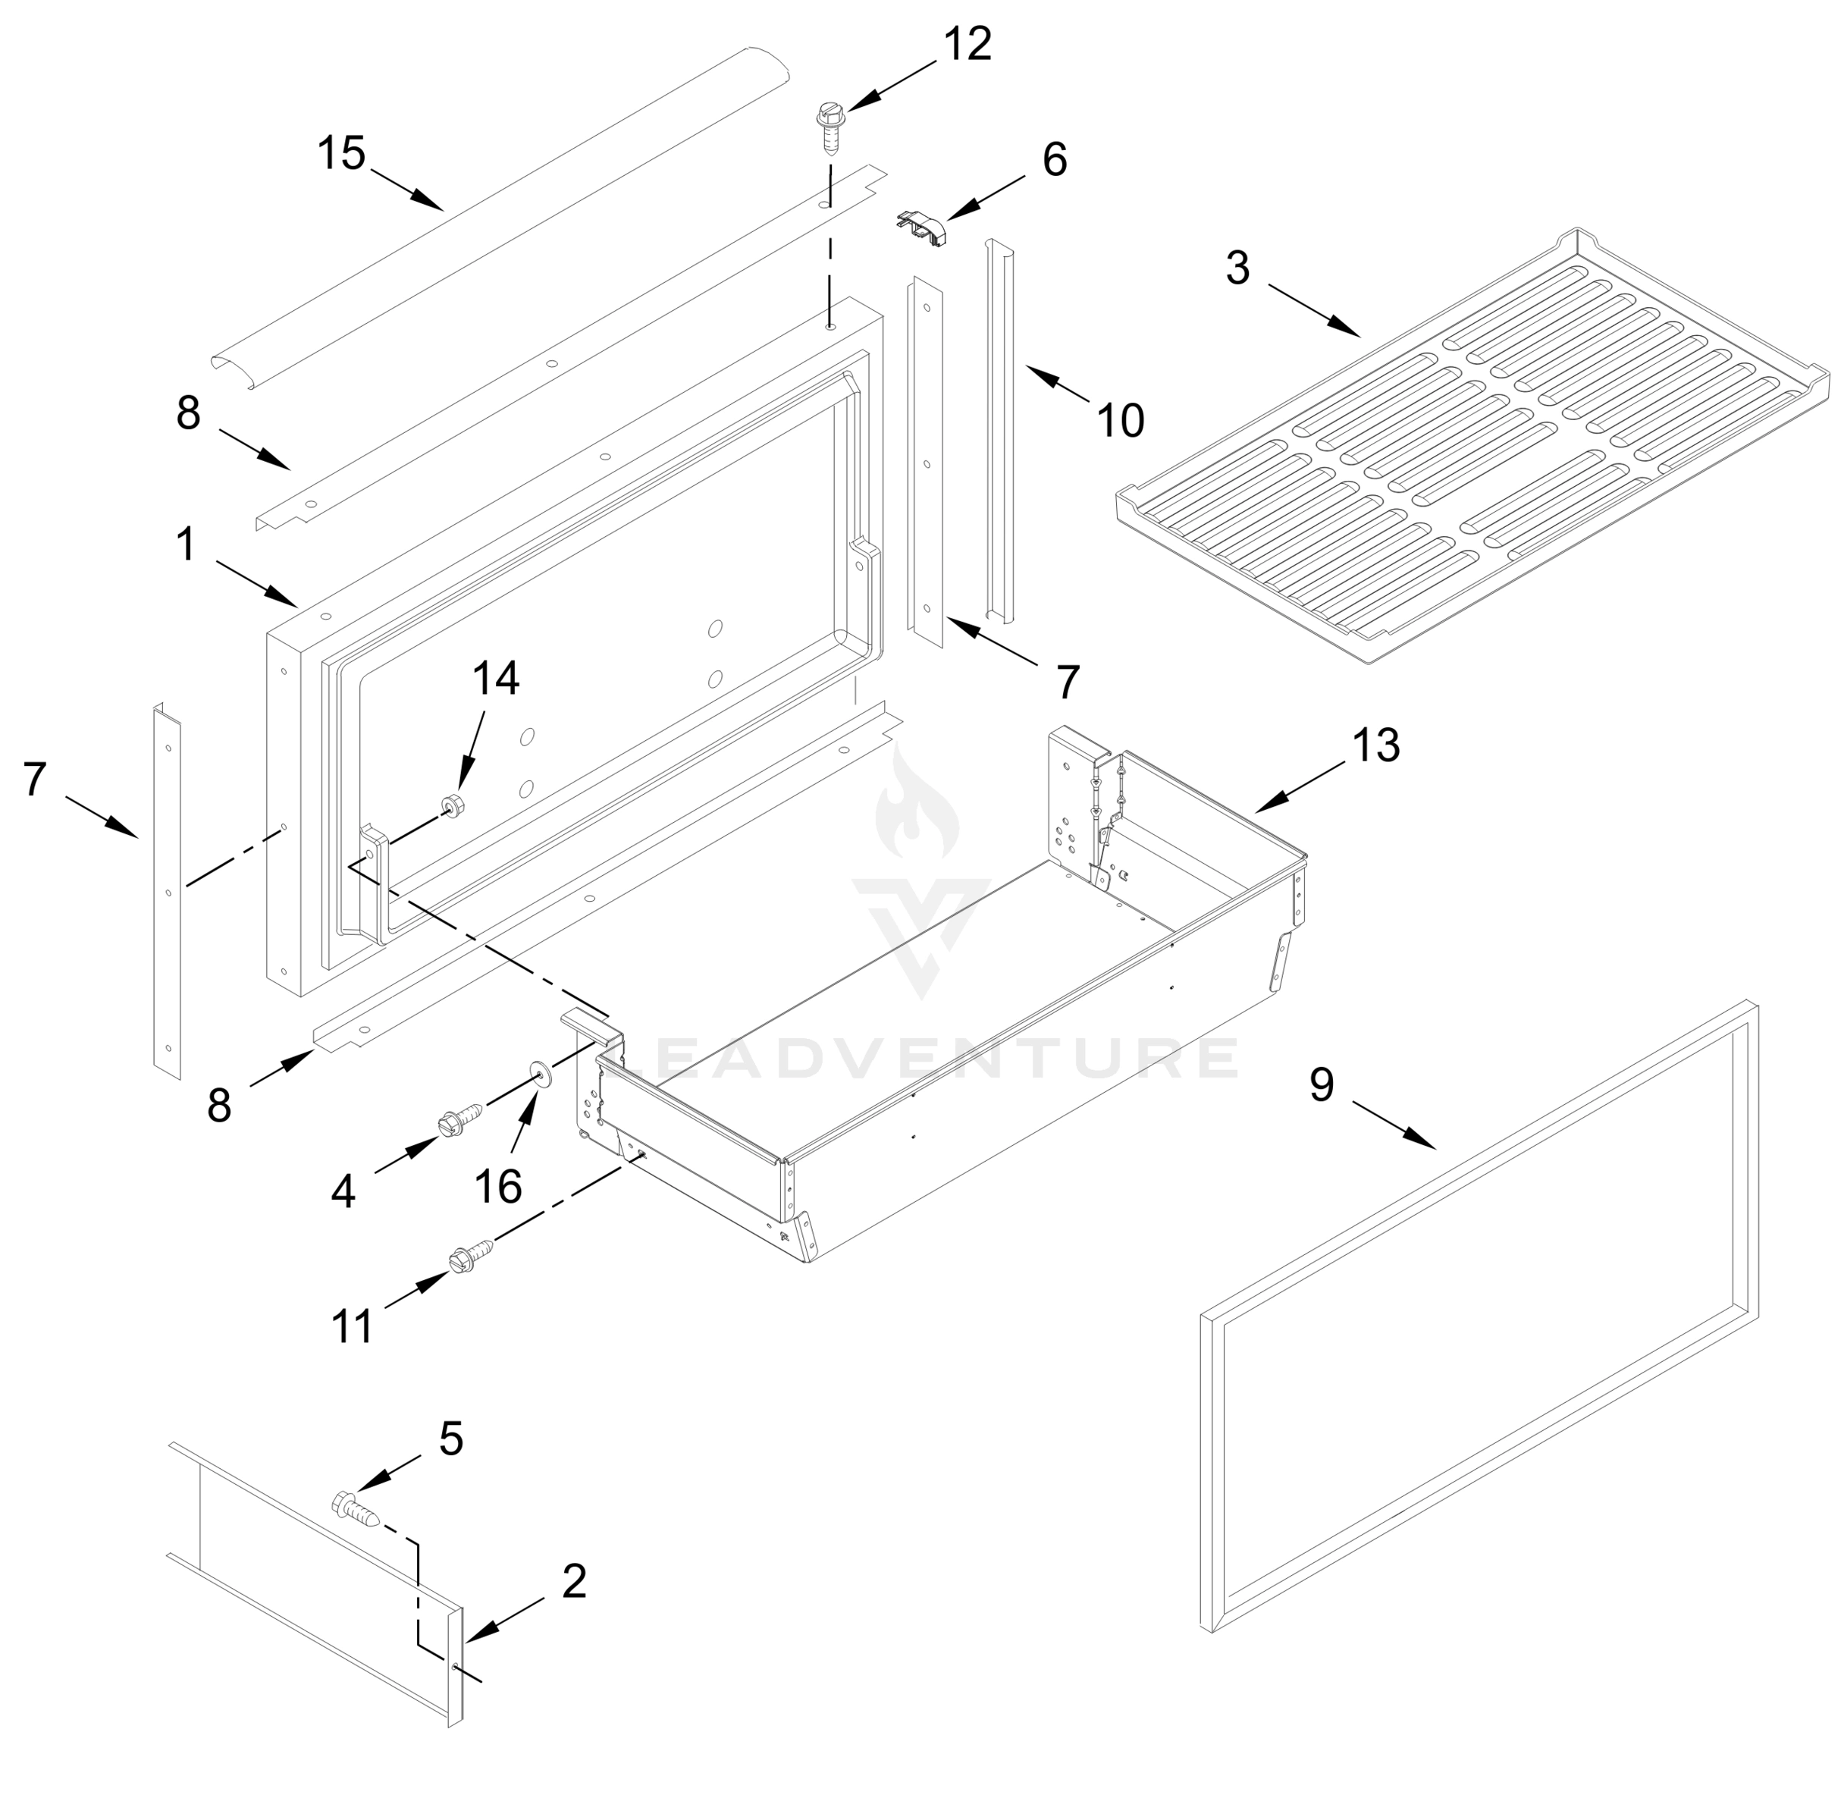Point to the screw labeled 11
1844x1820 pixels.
[x=472, y=1255]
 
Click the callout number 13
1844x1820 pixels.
[x=1375, y=745]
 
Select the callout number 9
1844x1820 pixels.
[x=1321, y=1085]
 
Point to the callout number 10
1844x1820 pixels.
[x=1121, y=420]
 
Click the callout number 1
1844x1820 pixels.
[x=186, y=545]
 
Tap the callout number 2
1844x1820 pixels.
[x=574, y=1581]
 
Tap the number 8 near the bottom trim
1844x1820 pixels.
[x=220, y=1105]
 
